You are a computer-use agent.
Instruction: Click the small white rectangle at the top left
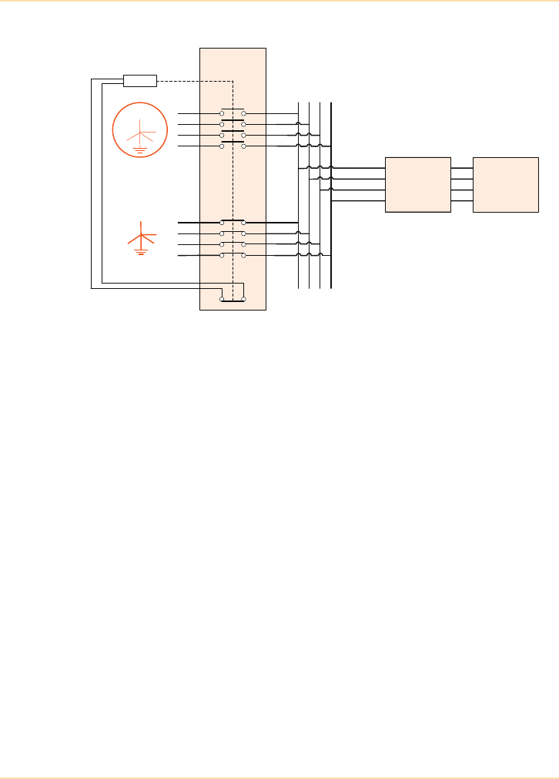coord(140,81)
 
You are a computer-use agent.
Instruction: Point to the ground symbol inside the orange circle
coord(140,149)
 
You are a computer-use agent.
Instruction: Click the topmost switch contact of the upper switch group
coord(233,112)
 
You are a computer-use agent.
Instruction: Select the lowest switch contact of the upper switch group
coord(233,145)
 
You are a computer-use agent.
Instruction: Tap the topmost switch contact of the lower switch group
coord(233,222)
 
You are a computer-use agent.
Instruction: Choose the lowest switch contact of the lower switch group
coord(233,254)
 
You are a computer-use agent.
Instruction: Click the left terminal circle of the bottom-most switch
coord(223,298)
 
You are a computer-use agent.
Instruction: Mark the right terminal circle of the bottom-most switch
coord(243,298)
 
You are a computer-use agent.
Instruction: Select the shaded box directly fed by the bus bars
coord(417,184)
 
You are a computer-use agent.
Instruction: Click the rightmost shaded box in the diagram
coord(506,184)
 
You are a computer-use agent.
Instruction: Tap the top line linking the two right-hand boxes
coord(462,168)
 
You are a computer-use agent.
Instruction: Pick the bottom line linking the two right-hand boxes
coord(462,200)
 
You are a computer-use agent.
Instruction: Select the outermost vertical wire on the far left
coord(92,185)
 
